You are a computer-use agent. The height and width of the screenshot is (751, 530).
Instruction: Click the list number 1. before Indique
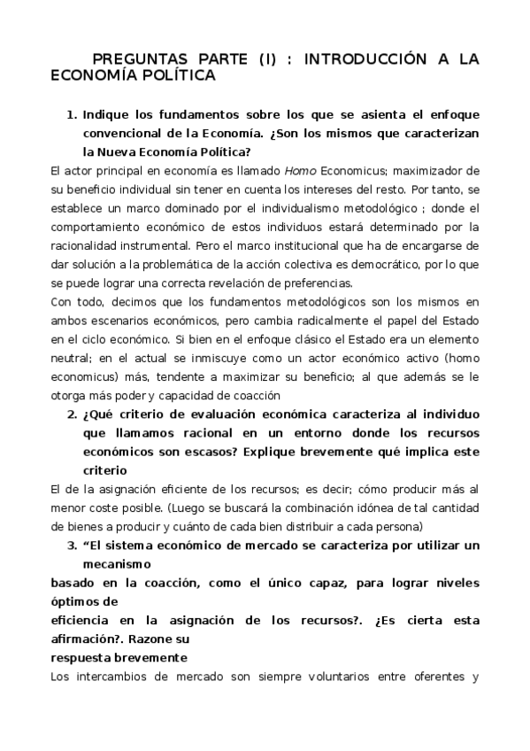pos(73,115)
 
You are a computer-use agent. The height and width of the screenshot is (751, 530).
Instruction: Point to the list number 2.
pos(73,414)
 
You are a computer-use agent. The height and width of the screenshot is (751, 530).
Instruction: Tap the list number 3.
pos(73,545)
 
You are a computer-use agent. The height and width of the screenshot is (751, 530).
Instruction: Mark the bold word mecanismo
pos(117,562)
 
